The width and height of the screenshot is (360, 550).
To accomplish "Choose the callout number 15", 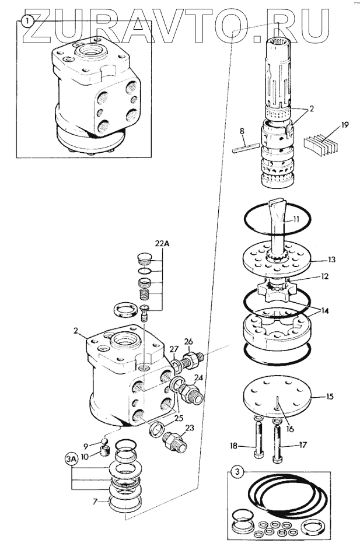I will tap(330, 397).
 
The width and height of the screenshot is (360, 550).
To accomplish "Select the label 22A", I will tap(162, 243).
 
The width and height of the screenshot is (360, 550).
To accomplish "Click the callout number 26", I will tap(188, 341).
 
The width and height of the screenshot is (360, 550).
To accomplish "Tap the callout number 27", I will tap(173, 349).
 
